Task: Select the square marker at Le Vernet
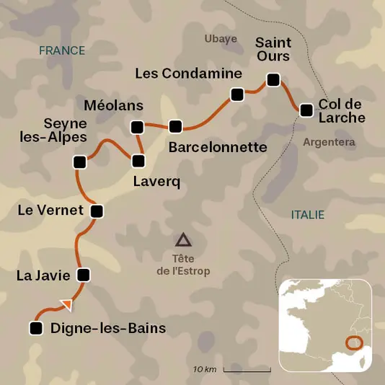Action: click(97, 211)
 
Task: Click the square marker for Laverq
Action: click(138, 161)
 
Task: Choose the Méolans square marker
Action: click(137, 127)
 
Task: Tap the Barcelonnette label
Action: click(217, 147)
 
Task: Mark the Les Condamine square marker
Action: click(236, 94)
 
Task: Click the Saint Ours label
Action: click(273, 49)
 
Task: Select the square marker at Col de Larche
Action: click(306, 110)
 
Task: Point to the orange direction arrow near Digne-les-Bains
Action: click(66, 305)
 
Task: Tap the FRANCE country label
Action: click(62, 50)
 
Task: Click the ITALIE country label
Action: click(308, 215)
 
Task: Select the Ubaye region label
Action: click(221, 39)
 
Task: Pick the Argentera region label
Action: click(329, 142)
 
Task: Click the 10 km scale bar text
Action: click(205, 369)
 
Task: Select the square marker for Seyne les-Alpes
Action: click(79, 162)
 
